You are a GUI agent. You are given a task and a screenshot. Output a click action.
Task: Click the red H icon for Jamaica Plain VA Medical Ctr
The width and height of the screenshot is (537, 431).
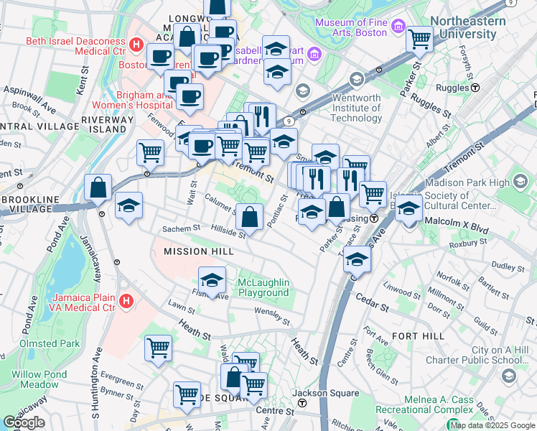pos(126,300)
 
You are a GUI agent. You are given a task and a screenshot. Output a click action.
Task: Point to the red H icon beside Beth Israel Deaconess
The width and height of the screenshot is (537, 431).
pos(136,43)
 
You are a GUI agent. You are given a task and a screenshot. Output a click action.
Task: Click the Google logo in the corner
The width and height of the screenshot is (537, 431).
pos(24,422)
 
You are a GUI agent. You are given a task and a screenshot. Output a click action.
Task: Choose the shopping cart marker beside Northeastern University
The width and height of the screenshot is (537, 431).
pos(419,39)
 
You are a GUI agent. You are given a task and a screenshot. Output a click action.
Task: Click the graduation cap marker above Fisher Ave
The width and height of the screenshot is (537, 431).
pos(212,279)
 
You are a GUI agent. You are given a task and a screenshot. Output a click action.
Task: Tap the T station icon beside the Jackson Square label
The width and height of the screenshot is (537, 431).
pos(302,403)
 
